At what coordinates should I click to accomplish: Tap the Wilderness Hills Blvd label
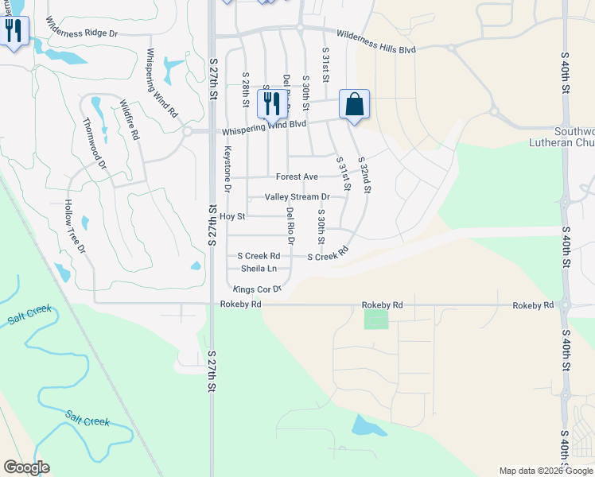[x=375, y=41]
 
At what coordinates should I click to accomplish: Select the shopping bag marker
[x=354, y=105]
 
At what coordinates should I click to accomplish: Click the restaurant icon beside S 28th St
[x=272, y=104]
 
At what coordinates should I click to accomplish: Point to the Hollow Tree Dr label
[x=75, y=227]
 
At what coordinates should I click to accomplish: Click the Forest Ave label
[x=297, y=176]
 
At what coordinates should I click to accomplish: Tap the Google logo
[x=26, y=467]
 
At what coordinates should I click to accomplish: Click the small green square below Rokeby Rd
[x=376, y=319]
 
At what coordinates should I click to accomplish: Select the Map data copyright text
[x=546, y=471]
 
